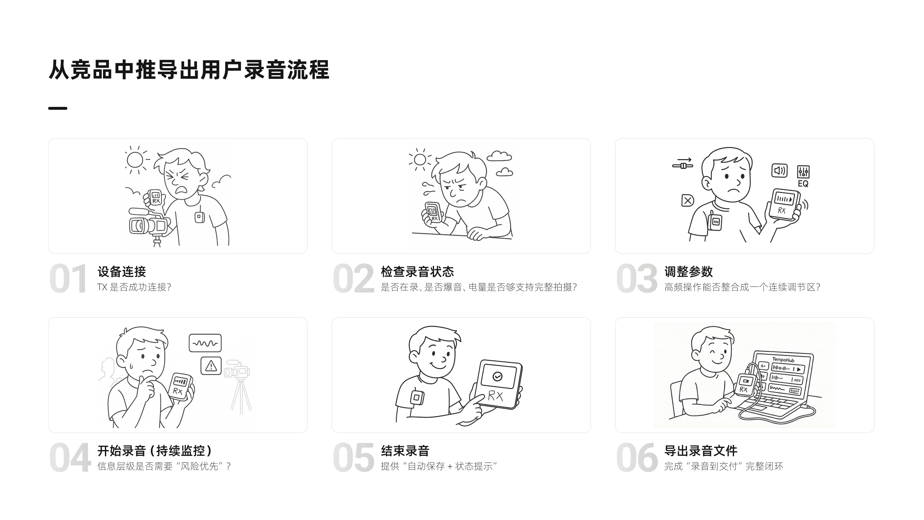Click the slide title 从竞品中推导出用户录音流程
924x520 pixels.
189,70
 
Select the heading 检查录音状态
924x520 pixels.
417,272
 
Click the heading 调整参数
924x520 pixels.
688,272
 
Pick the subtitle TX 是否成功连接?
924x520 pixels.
134,287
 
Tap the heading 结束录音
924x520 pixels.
405,451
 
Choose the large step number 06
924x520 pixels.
637,457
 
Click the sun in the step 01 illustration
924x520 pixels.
135,160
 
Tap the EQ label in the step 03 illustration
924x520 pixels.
803,184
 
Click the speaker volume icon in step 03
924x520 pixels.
779,170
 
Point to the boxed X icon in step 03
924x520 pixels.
687,201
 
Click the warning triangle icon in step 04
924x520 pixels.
211,366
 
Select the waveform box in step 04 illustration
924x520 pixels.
205,343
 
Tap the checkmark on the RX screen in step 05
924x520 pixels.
498,376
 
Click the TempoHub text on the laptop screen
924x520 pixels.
783,360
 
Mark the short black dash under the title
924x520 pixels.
58,108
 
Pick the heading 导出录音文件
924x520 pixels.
700,451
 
